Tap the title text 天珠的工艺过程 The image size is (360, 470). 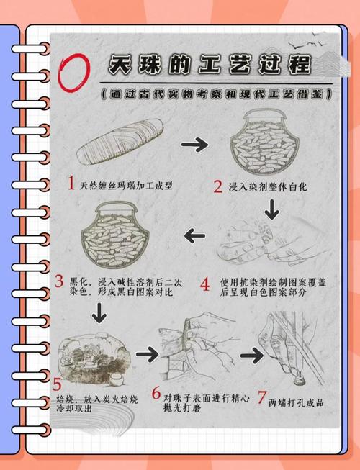[x=209, y=65]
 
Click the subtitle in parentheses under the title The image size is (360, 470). [x=217, y=94]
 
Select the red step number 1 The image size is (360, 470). [x=71, y=183]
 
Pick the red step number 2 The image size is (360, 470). [x=218, y=186]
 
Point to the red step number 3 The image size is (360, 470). [x=59, y=281]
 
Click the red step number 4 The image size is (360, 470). [x=205, y=284]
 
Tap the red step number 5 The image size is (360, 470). [x=57, y=384]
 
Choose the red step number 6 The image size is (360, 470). [x=156, y=393]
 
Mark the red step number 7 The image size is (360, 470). [x=261, y=398]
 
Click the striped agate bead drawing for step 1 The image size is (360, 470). [x=120, y=141]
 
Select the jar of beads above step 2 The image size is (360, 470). [x=264, y=142]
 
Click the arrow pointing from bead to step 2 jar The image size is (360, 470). [x=194, y=145]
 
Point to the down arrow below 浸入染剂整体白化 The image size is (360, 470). [x=272, y=209]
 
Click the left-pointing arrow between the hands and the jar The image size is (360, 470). [x=195, y=235]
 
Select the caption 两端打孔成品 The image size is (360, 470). [x=296, y=403]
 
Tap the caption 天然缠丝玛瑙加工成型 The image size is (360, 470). [x=126, y=186]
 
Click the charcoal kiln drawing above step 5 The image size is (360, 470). [x=94, y=359]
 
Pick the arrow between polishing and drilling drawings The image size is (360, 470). [x=252, y=356]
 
